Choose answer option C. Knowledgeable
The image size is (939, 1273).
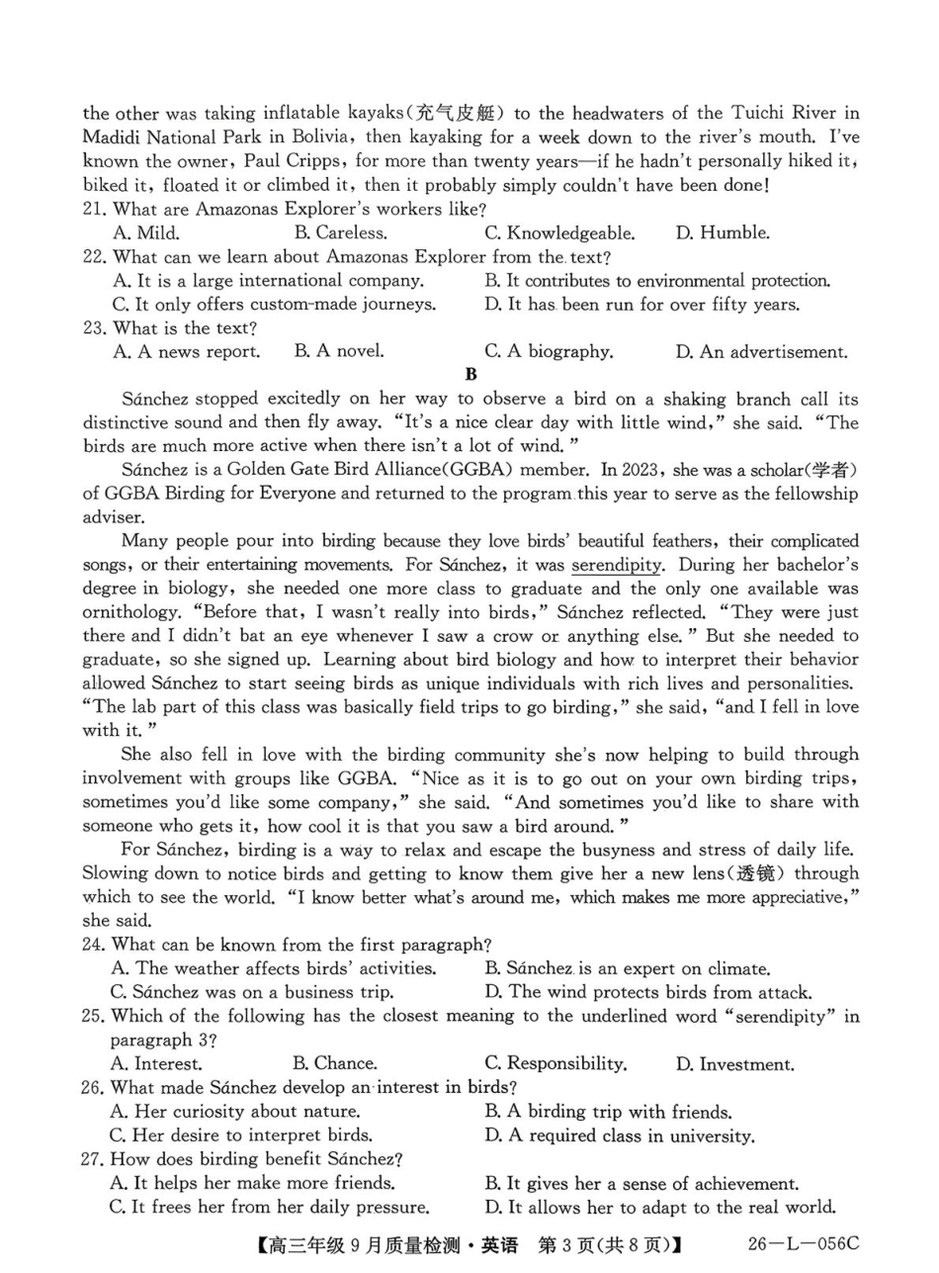pyautogui.click(x=559, y=233)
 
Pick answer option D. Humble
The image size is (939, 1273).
pyautogui.click(x=723, y=233)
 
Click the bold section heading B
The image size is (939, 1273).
pyautogui.click(x=470, y=375)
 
